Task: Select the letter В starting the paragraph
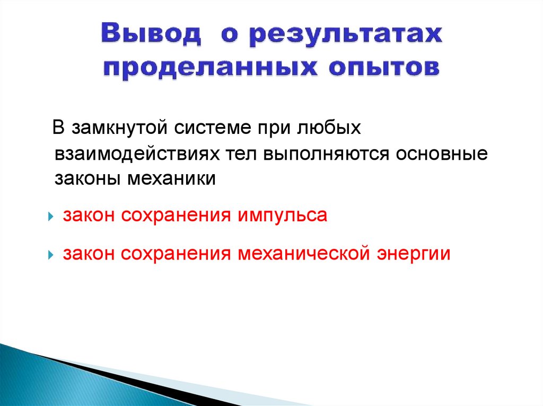click(59, 129)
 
